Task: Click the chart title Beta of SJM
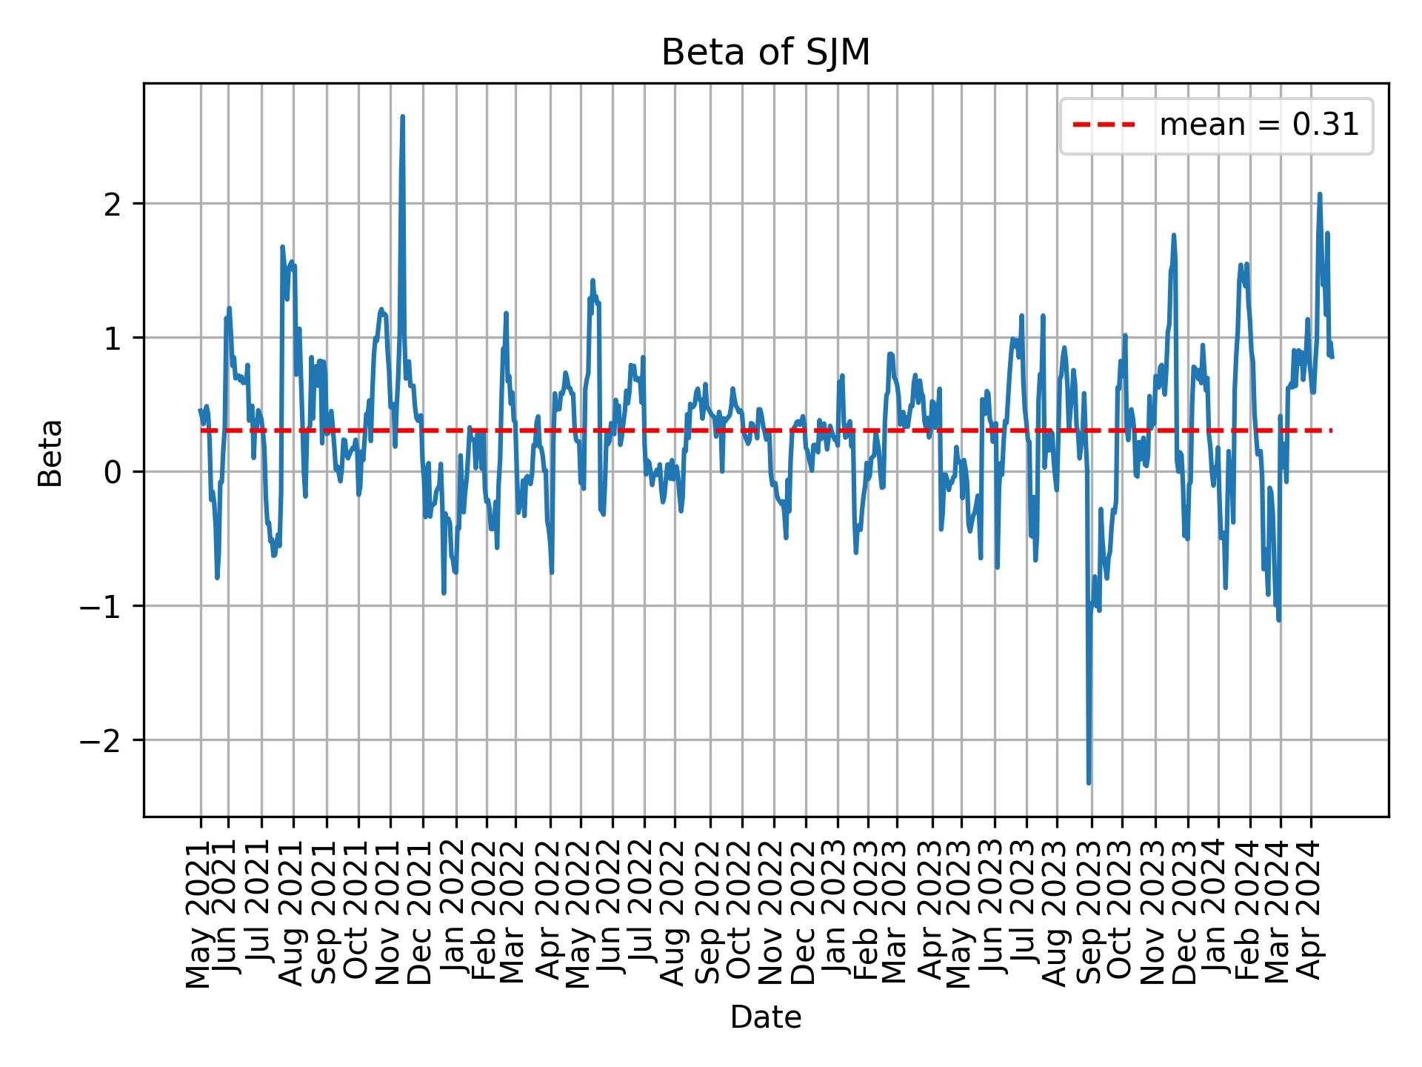tap(765, 53)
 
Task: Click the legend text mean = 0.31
tap(1258, 126)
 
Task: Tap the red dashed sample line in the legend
tap(1104, 126)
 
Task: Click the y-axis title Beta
tap(50, 453)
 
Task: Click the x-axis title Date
tap(765, 1018)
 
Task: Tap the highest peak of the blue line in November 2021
tap(402, 117)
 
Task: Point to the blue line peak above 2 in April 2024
tap(1320, 194)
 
